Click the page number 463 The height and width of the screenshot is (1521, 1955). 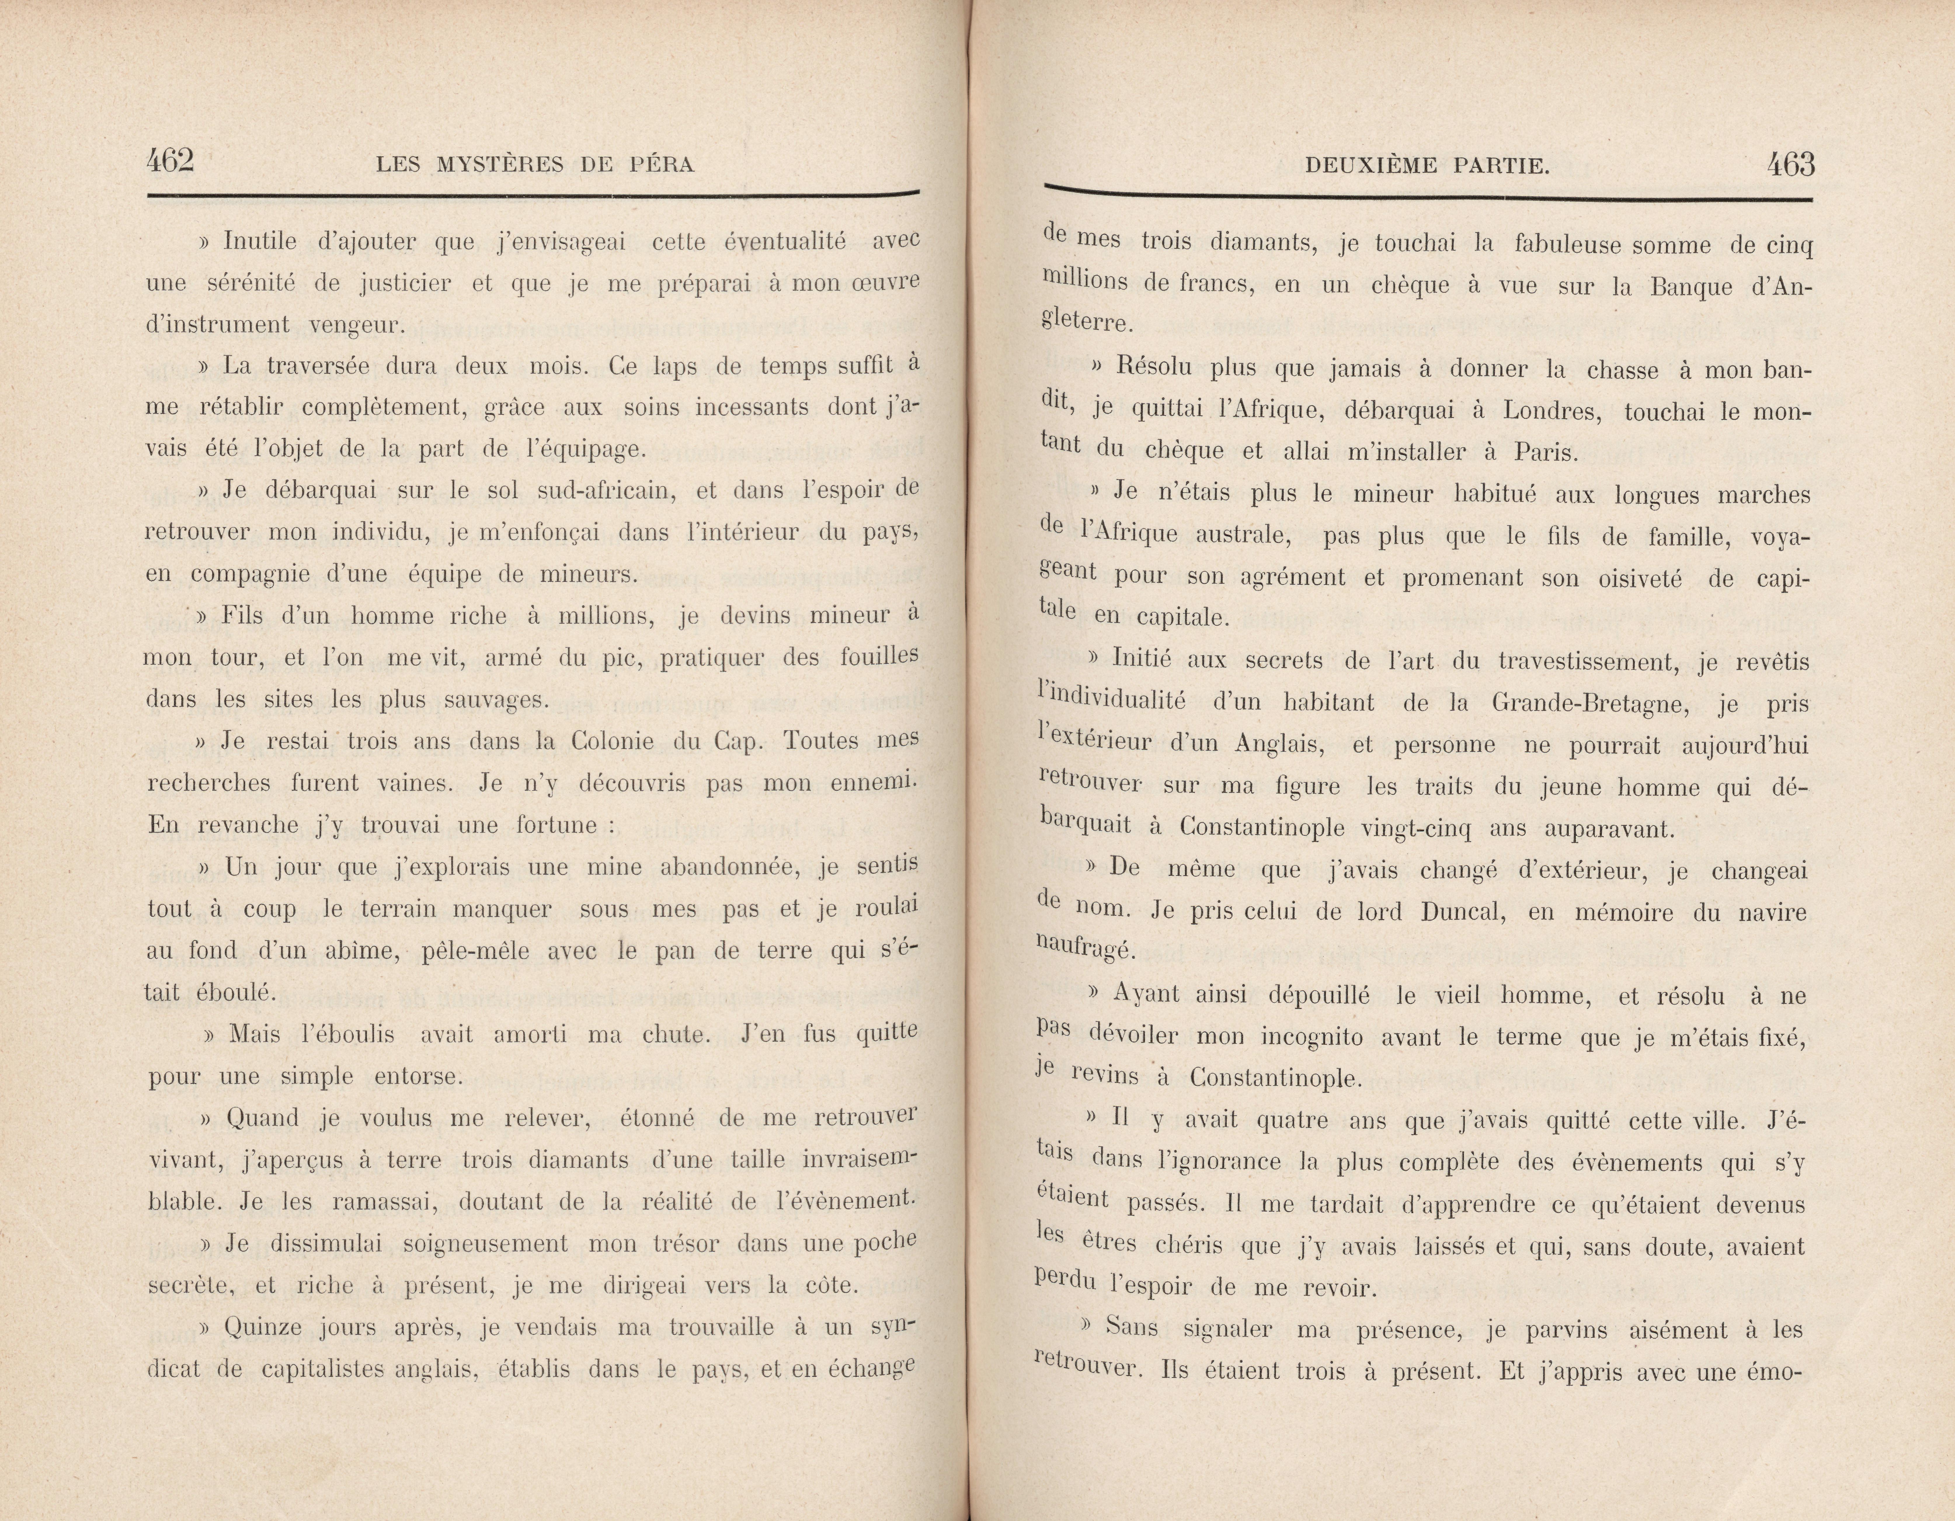[x=1790, y=165]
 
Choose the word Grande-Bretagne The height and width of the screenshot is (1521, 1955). [x=1590, y=703]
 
